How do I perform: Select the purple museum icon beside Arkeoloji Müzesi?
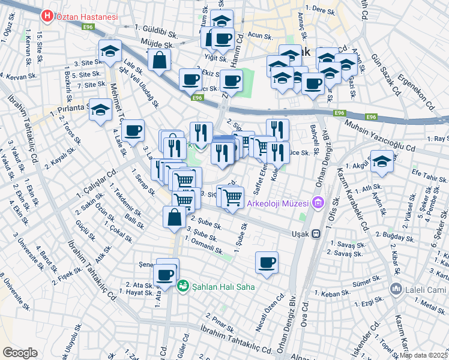pyautogui.click(x=317, y=203)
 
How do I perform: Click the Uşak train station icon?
pyautogui.click(x=316, y=234)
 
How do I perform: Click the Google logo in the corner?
pyautogui.click(x=20, y=353)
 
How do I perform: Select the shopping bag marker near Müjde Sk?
pyautogui.click(x=159, y=61)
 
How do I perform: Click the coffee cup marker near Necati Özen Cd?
pyautogui.click(x=267, y=262)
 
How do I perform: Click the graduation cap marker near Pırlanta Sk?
pyautogui.click(x=100, y=110)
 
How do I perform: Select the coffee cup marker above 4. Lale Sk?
pyautogui.click(x=133, y=130)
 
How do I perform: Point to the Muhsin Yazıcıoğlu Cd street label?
pyautogui.click(x=380, y=136)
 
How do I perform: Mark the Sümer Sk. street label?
pyautogui.click(x=367, y=279)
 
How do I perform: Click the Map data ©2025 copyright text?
pyautogui.click(x=423, y=355)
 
